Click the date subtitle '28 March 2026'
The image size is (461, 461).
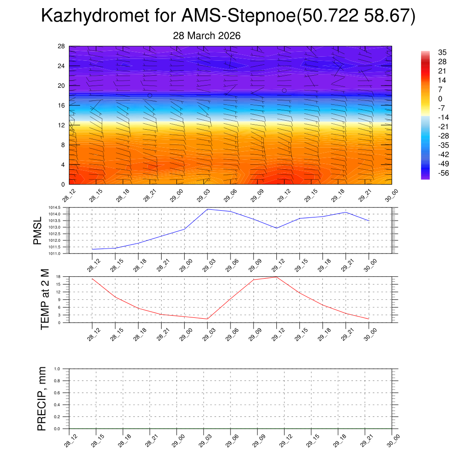(207, 36)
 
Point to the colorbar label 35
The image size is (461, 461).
(443, 52)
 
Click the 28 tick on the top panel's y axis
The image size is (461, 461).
(62, 46)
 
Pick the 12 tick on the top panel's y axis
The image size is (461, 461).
(62, 125)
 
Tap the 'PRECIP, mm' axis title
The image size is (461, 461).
(42, 398)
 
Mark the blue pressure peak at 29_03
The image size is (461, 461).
(208, 209)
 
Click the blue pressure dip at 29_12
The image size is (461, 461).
(276, 228)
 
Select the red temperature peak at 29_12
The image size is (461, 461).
(276, 277)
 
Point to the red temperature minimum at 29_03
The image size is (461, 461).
(208, 319)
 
